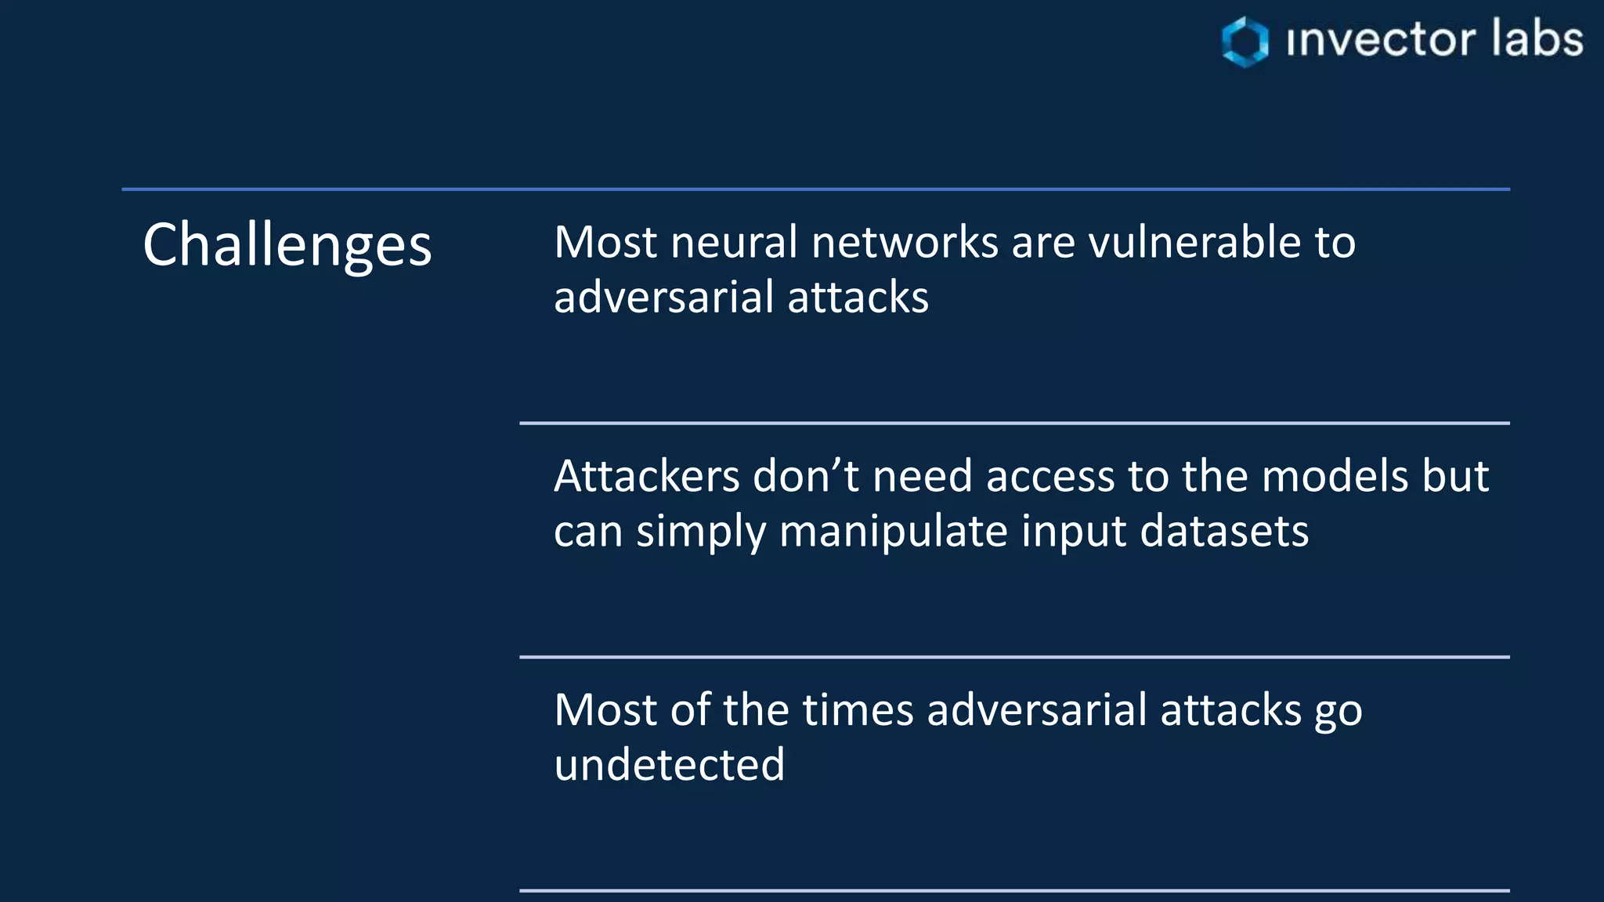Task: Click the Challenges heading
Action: [287, 244]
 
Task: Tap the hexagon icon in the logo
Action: [1245, 41]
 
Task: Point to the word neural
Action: [734, 242]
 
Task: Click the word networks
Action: [905, 242]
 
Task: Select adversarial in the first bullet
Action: [664, 298]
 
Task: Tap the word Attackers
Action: [646, 476]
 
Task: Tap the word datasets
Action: [1224, 532]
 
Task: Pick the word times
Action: [858, 710]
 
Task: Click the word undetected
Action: [669, 765]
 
